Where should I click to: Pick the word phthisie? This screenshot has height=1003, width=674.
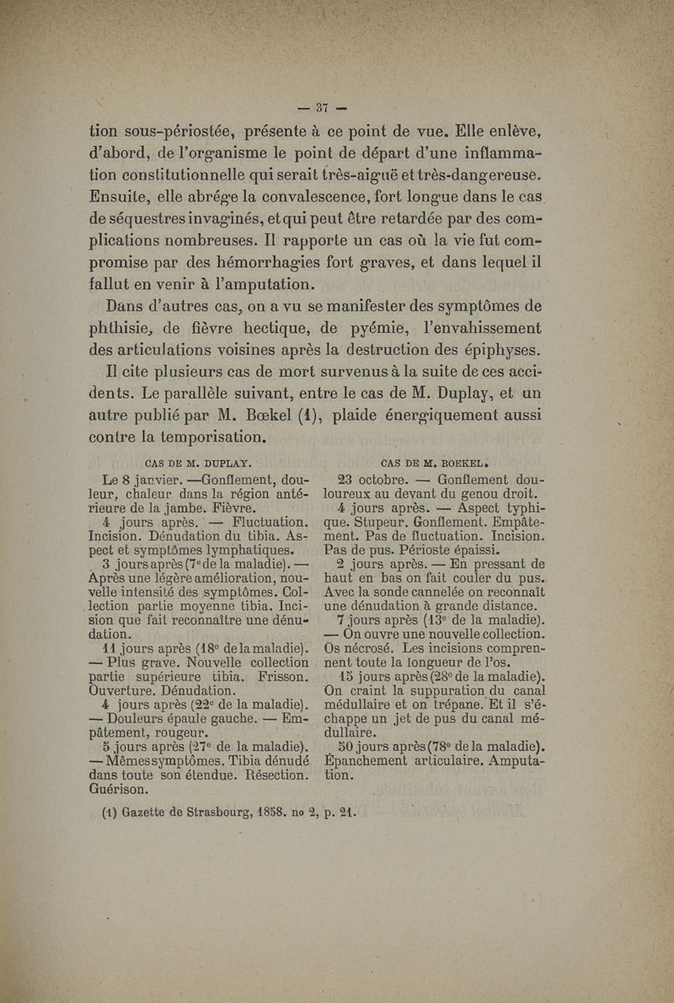(126, 328)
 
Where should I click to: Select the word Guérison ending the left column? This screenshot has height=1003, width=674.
(126, 790)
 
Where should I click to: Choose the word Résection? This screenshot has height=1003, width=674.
(273, 774)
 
